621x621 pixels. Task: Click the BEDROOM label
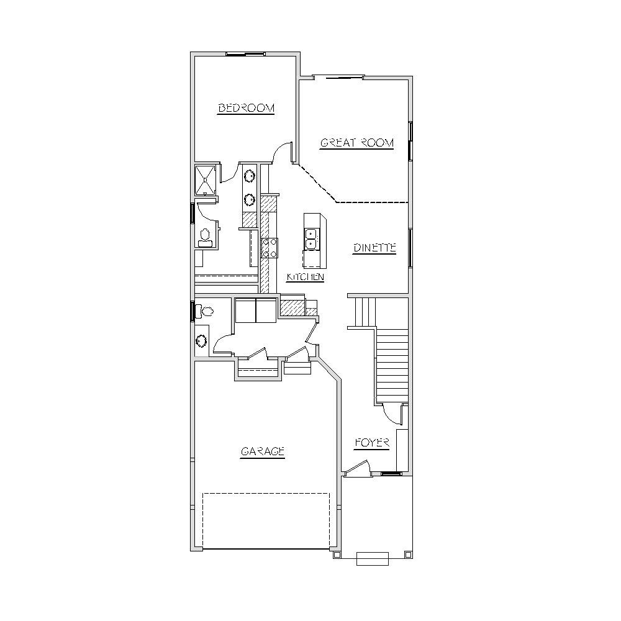pos(246,107)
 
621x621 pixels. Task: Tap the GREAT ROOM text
pos(357,143)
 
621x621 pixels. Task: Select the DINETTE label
pos(374,248)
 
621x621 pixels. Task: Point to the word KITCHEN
pos(306,277)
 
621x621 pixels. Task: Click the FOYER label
pos(372,443)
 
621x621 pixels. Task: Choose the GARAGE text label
pos(263,451)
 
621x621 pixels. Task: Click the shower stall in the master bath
pos(206,180)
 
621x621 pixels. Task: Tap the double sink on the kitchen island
pos(311,239)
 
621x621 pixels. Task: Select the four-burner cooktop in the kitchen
pos(270,248)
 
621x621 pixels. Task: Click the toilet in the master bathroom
pos(205,237)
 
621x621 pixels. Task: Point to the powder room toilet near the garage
pos(204,311)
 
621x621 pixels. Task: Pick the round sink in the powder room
pos(202,341)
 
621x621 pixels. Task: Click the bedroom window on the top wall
pos(245,54)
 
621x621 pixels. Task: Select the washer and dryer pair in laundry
pos(256,311)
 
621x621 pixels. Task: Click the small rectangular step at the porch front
pos(373,559)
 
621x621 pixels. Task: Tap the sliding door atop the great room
pos(338,77)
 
